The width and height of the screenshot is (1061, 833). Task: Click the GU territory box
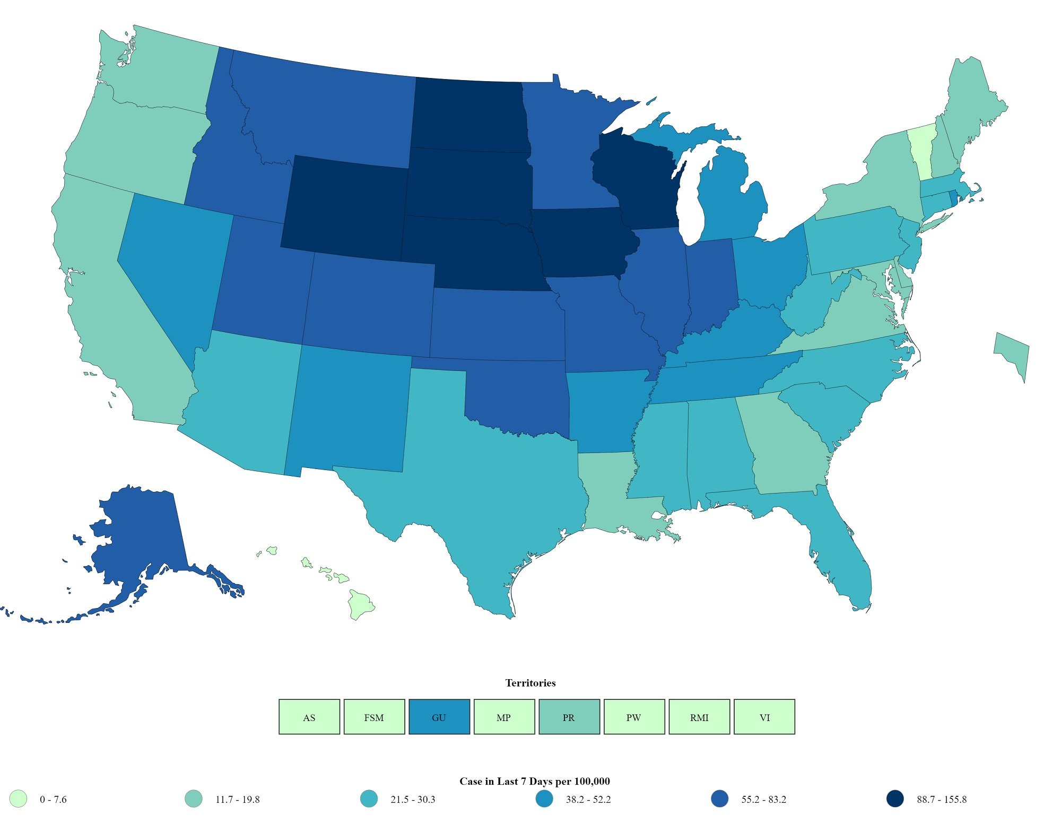coord(439,717)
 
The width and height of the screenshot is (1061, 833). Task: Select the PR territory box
coord(569,717)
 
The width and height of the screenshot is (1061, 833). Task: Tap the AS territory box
coord(309,717)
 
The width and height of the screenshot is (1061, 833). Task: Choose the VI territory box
coord(764,717)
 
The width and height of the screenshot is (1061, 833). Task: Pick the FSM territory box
coord(374,717)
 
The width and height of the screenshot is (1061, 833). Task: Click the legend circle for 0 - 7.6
coord(18,799)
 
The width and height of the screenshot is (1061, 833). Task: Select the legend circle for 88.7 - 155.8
coord(895,799)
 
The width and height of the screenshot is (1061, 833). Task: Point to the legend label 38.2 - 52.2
coord(588,800)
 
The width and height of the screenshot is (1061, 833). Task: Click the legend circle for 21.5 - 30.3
coord(369,799)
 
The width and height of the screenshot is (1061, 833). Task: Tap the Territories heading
coord(530,683)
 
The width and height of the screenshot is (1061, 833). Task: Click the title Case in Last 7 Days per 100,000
coord(534,781)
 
